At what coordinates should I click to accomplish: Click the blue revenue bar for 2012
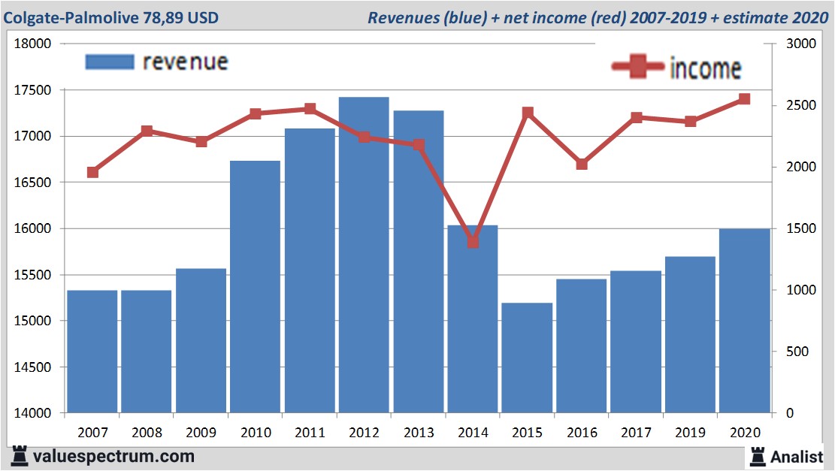(364, 255)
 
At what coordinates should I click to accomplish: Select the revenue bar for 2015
(527, 358)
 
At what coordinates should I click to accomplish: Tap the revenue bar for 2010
(255, 287)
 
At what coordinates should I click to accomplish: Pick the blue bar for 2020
(744, 321)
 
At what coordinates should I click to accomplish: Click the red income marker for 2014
(473, 242)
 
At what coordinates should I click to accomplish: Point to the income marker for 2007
(92, 172)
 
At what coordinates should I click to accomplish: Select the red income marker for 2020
(744, 98)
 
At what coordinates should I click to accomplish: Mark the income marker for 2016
(582, 164)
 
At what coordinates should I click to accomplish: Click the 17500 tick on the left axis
(33, 90)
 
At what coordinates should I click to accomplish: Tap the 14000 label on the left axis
(33, 413)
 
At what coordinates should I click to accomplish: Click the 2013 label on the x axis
(419, 433)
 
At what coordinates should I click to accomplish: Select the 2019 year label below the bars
(690, 433)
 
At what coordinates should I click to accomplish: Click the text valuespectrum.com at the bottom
(113, 456)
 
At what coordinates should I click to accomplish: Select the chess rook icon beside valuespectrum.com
(20, 456)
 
